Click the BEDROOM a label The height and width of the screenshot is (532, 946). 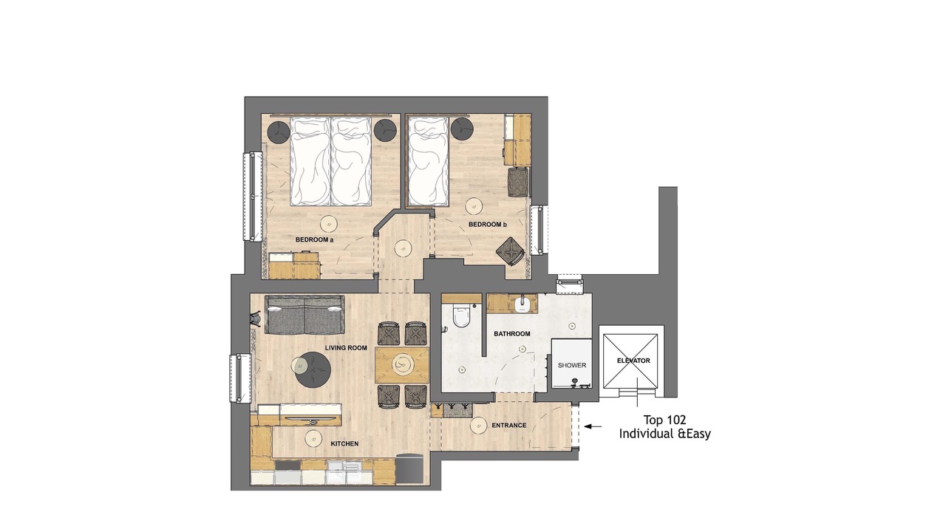coord(314,240)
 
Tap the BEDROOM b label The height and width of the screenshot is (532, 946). coord(487,225)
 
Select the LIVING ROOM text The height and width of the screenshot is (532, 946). coord(346,348)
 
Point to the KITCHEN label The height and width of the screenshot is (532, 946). coord(344,444)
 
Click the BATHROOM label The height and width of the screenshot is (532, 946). coord(512,333)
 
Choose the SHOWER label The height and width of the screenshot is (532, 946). coord(572,365)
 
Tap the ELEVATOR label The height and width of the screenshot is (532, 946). coord(633,361)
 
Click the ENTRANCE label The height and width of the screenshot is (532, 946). coord(509,425)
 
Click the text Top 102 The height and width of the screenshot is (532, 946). coord(664,420)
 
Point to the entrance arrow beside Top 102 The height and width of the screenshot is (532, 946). coord(593,427)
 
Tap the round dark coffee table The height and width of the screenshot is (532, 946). coord(313,369)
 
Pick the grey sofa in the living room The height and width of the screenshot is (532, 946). coord(304,314)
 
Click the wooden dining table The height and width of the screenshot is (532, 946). coord(402,365)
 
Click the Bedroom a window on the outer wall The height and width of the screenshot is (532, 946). coord(253,197)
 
